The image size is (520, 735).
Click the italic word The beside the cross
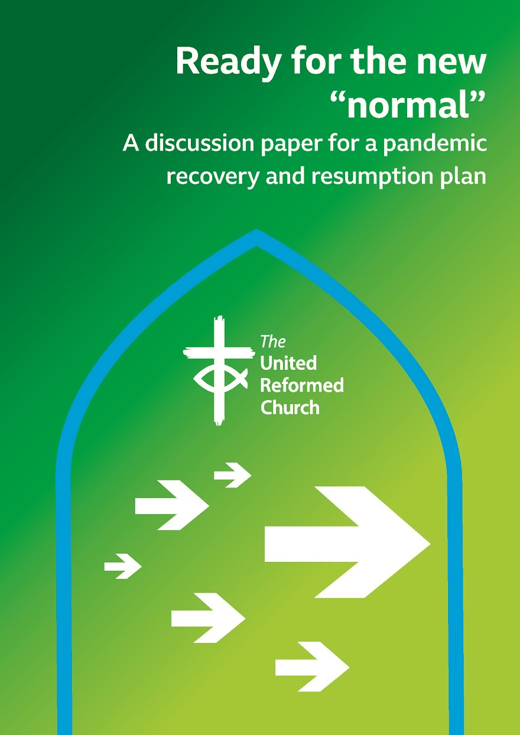click(x=272, y=342)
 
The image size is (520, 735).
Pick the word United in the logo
click(x=288, y=362)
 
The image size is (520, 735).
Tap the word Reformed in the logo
click(x=302, y=385)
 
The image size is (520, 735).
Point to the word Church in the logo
click(x=290, y=408)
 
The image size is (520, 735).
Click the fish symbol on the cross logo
click(x=220, y=378)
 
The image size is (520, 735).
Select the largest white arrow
click(x=347, y=542)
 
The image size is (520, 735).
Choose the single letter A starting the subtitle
click(x=131, y=144)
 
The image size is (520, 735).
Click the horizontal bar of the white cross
click(x=218, y=353)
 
